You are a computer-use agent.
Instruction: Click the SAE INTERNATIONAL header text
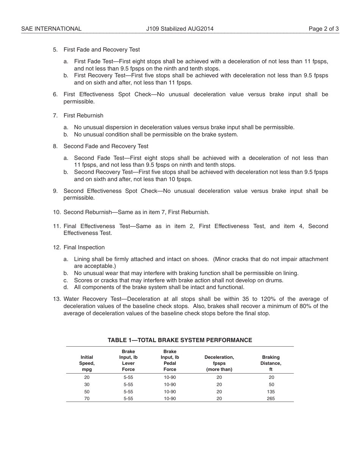coord(51,29)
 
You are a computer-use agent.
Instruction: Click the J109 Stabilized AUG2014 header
coord(180,29)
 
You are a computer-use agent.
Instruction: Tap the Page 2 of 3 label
coord(324,29)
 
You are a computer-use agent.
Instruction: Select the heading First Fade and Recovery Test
coord(102,50)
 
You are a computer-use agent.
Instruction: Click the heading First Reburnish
coord(83,116)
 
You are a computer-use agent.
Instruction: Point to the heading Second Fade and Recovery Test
coord(106,146)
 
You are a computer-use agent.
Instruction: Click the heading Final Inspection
coord(84,247)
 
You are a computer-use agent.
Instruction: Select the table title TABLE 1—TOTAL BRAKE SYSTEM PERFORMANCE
coord(180,340)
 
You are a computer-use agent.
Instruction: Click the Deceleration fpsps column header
coord(219,363)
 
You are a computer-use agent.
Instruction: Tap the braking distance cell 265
coord(271,399)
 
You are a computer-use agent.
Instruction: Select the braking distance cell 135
coord(271,392)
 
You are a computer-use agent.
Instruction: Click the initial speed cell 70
coord(87,399)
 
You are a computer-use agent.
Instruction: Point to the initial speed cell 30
coord(87,385)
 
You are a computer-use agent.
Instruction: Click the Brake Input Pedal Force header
coord(170,360)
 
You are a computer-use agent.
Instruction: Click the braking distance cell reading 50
coord(271,385)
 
